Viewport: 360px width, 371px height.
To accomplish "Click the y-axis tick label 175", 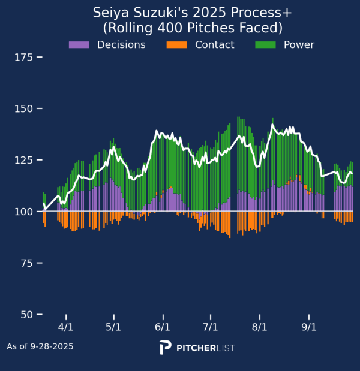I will [x=23, y=58].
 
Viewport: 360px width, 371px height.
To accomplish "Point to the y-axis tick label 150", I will [x=23, y=109].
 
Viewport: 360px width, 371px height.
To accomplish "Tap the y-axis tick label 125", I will [x=23, y=161].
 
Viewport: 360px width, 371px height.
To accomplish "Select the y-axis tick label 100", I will [x=23, y=212].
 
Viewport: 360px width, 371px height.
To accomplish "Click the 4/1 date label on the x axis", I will [x=65, y=328].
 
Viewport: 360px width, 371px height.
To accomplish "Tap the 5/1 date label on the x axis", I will [x=113, y=328].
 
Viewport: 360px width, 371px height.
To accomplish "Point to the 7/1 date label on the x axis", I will [x=211, y=328].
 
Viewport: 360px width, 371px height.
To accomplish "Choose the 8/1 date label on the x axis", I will [x=260, y=328].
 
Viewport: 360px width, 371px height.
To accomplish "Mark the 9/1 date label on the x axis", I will [x=309, y=328].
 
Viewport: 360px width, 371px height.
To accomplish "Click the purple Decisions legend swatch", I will [x=79, y=45].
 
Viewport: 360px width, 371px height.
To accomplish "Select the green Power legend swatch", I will [x=265, y=45].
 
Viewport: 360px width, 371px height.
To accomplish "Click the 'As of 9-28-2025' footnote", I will [x=40, y=346].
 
